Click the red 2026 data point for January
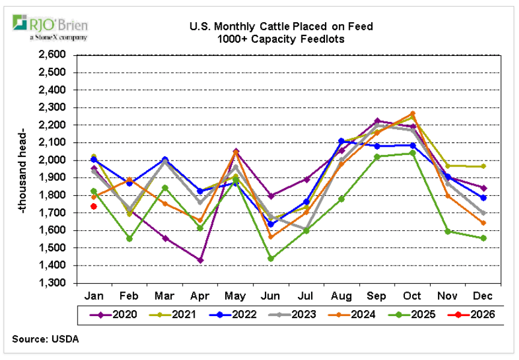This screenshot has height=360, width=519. [94, 206]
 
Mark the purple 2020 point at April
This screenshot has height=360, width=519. [200, 260]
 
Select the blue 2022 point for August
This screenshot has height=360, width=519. [341, 141]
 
